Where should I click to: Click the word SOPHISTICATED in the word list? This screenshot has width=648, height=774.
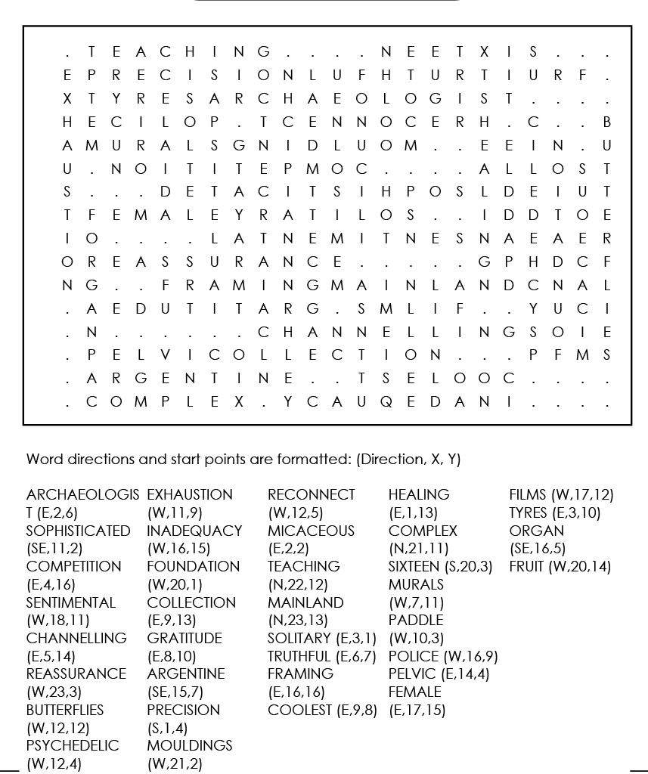[78, 531]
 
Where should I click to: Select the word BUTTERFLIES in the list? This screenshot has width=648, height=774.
[65, 710]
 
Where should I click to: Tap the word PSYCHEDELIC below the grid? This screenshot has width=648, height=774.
[73, 745]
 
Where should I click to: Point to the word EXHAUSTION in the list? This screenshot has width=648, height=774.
[190, 495]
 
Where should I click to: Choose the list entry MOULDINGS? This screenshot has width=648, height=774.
[190, 745]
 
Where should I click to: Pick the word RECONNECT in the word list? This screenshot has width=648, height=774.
[311, 495]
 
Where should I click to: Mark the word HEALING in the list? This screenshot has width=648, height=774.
[419, 495]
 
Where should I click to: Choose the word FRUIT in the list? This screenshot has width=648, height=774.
[527, 566]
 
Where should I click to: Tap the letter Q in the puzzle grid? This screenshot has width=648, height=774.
[383, 402]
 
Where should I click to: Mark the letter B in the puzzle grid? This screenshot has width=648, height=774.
[606, 122]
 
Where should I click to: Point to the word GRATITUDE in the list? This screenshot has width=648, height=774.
[184, 638]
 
